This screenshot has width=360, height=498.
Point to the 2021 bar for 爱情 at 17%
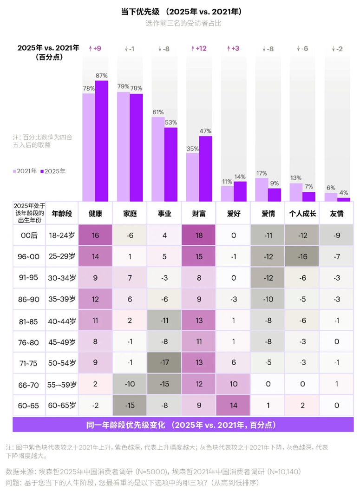coord(262,190)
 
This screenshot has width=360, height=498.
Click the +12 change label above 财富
coord(198,48)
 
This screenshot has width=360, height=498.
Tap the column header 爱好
coord(233,214)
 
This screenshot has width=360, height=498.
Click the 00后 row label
coord(29,236)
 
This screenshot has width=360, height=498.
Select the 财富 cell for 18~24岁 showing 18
coord(199,236)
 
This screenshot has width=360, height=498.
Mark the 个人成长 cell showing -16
coord(302,256)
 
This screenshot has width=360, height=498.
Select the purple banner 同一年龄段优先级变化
coord(183,425)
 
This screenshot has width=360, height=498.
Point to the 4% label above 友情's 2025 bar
coord(344,192)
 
